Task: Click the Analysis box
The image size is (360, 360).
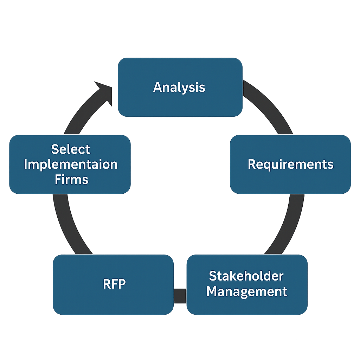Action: (x=180, y=102)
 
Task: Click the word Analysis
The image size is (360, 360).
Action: (x=179, y=87)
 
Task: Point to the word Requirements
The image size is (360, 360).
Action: (x=290, y=164)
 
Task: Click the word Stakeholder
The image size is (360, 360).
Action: (x=246, y=276)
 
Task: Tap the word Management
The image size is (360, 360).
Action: (x=247, y=291)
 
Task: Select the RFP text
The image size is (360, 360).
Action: (x=114, y=284)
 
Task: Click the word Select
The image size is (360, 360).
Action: (x=71, y=149)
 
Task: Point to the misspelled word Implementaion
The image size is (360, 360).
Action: (x=71, y=165)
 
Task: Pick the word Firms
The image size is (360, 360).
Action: (x=71, y=180)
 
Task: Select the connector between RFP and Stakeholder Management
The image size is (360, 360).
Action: (x=180, y=295)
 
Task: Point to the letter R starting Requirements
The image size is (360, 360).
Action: (x=252, y=164)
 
